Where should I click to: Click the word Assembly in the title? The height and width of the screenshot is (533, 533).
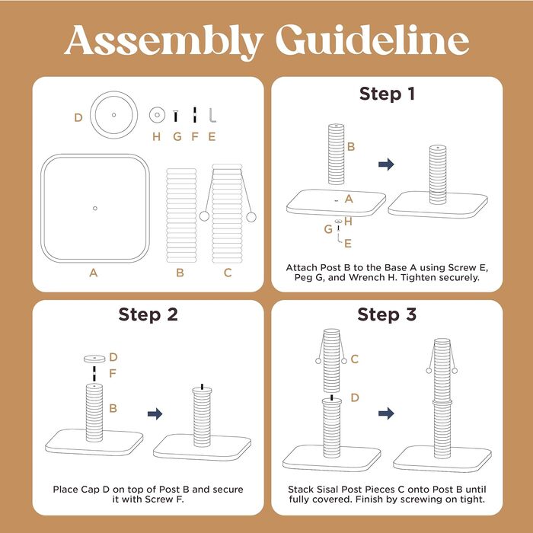point(164,40)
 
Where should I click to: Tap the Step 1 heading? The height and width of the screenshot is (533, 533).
point(387,94)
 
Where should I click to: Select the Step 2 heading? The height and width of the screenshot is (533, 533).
point(148,314)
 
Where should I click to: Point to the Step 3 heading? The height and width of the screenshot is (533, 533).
point(387,314)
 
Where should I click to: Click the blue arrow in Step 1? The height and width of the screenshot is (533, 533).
point(386,164)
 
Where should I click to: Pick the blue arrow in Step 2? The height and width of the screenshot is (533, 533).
point(155,413)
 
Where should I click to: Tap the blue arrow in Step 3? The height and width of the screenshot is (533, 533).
point(386,413)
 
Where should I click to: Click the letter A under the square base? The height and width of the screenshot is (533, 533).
point(94,273)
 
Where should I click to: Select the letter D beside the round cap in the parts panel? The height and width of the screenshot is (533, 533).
point(78,117)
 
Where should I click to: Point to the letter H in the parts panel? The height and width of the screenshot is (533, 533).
point(156,136)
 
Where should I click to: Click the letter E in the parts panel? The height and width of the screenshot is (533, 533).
point(212,136)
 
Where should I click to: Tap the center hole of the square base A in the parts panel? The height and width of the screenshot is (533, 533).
point(95,208)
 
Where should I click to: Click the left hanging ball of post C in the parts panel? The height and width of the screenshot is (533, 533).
point(204,215)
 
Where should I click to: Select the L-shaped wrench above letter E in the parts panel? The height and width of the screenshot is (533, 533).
point(212,115)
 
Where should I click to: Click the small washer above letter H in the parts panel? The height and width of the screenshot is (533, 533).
point(157,115)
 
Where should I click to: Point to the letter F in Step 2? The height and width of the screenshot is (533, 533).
point(113,374)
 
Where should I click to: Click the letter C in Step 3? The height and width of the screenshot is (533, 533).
point(355,359)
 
